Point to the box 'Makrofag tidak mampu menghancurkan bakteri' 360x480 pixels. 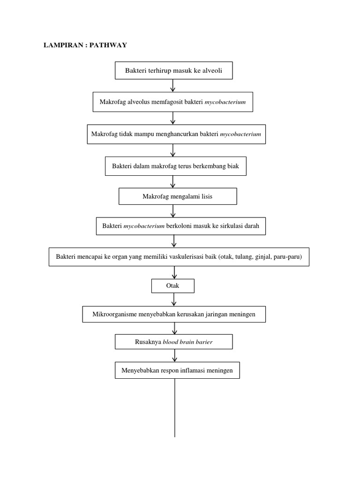point(176,134)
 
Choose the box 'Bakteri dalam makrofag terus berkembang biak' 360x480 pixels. point(175,166)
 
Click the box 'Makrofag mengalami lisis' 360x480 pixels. point(178,196)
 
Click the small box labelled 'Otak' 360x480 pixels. point(172,285)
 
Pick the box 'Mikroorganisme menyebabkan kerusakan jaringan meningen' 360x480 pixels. point(174,314)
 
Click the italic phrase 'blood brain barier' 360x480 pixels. point(187,342)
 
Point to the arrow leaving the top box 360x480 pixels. point(173,85)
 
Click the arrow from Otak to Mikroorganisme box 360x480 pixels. point(174,300)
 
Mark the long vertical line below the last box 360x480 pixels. point(175,408)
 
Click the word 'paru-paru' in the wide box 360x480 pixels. point(289,257)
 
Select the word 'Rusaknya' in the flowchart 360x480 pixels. point(148,342)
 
